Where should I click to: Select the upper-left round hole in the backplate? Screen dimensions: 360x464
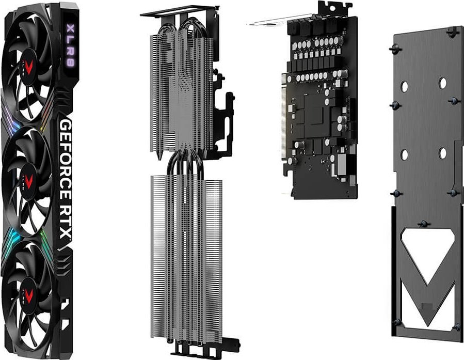click(404, 85)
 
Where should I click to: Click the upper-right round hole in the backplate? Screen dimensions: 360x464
click(442, 82)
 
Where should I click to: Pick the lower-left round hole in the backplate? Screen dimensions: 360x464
click(404, 154)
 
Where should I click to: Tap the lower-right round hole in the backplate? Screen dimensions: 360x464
click(442, 153)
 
